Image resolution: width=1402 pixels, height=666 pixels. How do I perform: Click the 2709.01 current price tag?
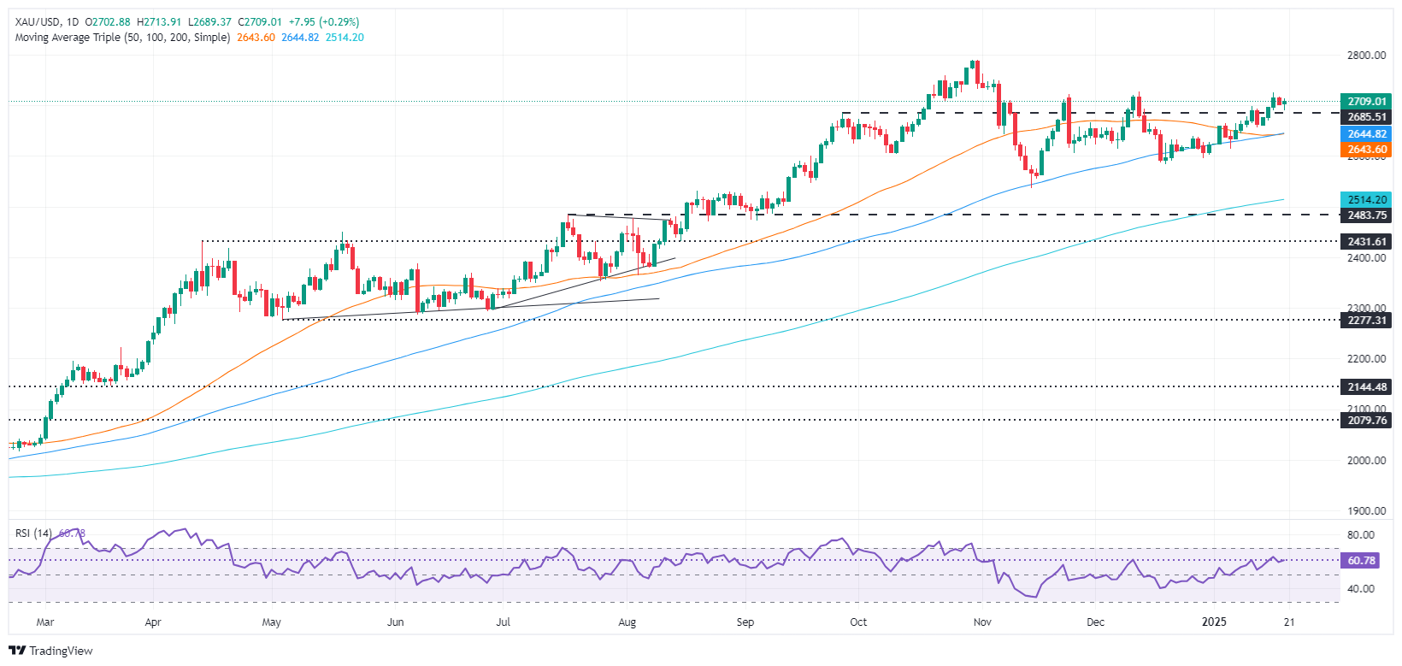[x=1365, y=102]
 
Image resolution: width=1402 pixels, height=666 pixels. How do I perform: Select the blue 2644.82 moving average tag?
[x=1365, y=134]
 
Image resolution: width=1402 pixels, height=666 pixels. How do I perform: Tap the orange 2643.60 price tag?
[x=1365, y=150]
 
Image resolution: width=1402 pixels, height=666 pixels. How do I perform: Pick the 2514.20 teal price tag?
[x=1365, y=200]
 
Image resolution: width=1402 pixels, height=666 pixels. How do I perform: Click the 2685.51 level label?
[x=1365, y=117]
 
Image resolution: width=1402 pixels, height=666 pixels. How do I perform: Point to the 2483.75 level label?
[x=1365, y=215]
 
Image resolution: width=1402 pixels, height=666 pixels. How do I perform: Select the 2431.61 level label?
[x=1365, y=242]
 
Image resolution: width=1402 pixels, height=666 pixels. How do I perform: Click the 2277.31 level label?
[x=1365, y=321]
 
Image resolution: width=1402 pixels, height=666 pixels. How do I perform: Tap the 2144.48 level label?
[x=1365, y=387]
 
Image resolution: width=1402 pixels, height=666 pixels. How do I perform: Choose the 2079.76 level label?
[x=1365, y=421]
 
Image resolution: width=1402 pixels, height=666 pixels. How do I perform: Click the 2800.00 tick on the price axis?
[x=1366, y=56]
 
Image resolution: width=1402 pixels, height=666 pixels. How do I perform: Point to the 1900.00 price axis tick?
[x=1366, y=511]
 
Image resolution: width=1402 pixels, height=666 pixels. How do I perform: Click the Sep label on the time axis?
[x=745, y=622]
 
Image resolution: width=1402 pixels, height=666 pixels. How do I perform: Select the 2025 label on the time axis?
[x=1214, y=622]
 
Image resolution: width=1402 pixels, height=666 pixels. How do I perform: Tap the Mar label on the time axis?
[x=45, y=622]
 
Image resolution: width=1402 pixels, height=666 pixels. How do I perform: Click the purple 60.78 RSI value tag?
[x=1361, y=561]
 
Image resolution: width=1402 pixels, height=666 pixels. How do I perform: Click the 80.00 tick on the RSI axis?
[x=1361, y=535]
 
